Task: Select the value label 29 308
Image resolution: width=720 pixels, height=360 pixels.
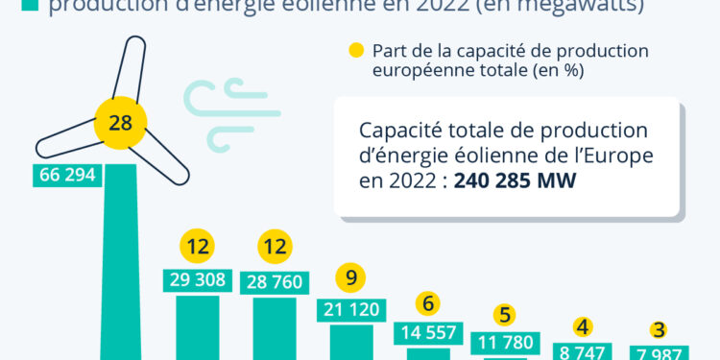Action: [197, 280]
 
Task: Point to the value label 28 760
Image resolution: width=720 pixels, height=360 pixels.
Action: [275, 281]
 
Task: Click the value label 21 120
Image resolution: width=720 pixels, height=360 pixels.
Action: [351, 309]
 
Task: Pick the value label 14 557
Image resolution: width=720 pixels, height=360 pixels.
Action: [428, 332]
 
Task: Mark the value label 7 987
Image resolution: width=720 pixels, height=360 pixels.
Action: [660, 352]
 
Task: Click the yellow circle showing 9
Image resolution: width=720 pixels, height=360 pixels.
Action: [350, 278]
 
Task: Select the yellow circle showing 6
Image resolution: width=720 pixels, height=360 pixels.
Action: [428, 304]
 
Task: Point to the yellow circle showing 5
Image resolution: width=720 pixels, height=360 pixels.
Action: [505, 315]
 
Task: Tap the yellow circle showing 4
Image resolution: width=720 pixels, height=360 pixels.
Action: [583, 325]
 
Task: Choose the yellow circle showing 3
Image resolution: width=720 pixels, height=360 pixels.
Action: [659, 329]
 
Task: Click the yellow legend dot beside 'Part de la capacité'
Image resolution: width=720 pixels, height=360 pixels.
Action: [356, 51]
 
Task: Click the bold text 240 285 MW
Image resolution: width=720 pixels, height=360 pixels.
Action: [515, 180]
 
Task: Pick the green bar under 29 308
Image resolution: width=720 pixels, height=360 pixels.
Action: [197, 326]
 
